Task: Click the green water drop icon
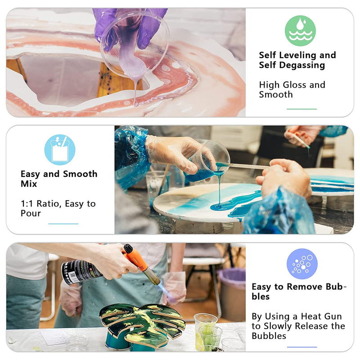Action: (x=300, y=31)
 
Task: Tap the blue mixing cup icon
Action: (x=59, y=150)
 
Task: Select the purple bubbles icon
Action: (x=302, y=264)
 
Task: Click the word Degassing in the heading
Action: (x=304, y=65)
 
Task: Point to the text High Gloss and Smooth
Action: (x=292, y=90)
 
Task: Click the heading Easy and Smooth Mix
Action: (x=58, y=179)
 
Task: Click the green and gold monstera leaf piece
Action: (x=142, y=322)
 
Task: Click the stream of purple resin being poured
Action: (x=135, y=90)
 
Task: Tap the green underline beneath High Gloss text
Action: (x=301, y=109)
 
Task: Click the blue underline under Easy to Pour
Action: (x=63, y=224)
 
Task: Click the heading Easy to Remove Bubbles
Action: (x=299, y=292)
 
